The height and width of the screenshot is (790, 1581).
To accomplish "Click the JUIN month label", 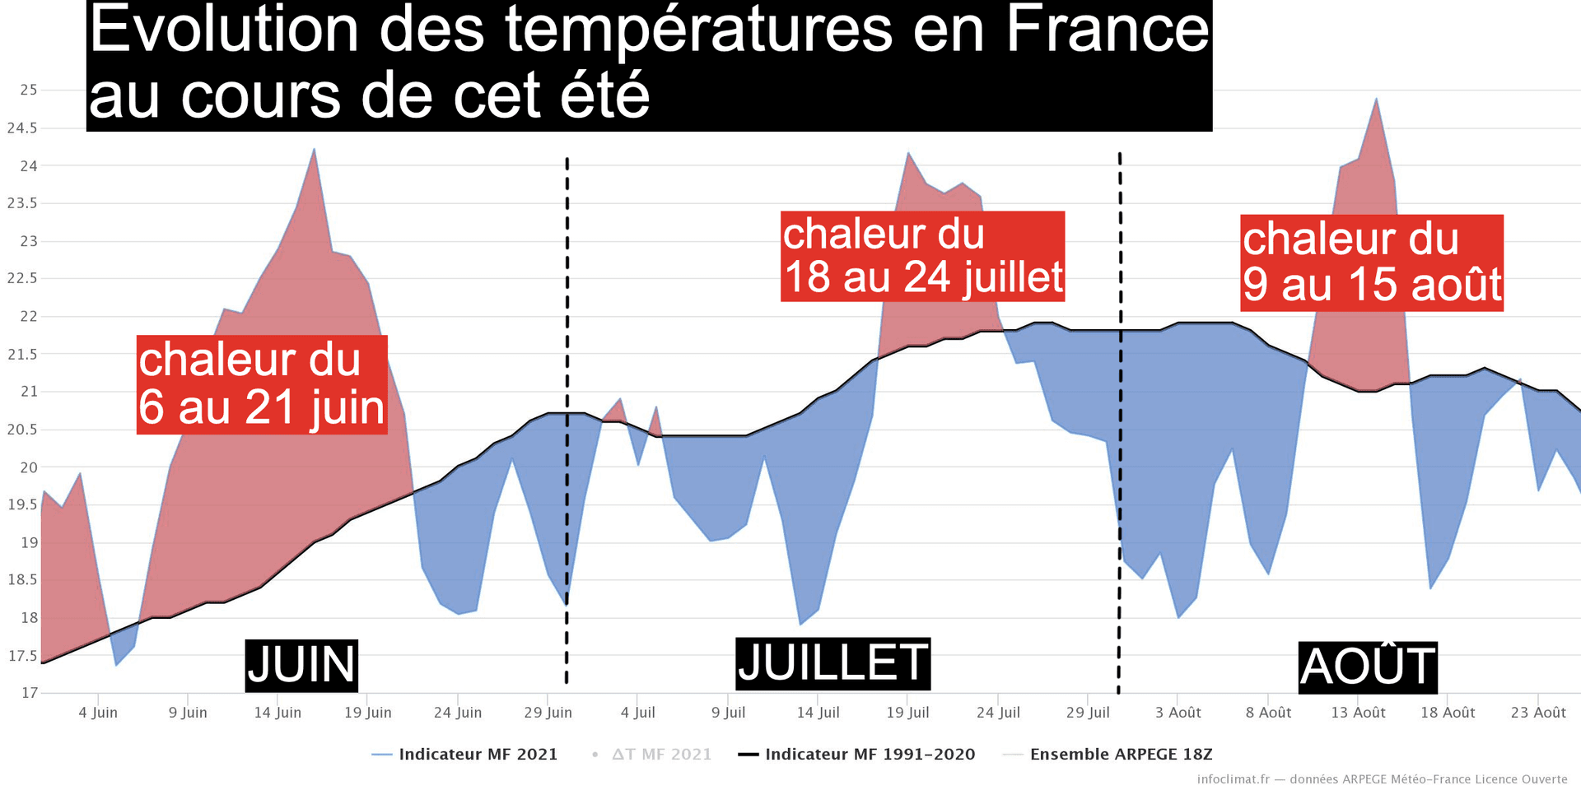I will (x=301, y=665).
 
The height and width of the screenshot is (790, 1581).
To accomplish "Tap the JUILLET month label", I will (x=832, y=663).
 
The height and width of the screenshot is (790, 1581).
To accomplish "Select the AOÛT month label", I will (x=1368, y=667).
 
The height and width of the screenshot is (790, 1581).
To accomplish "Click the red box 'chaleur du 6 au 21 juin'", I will (x=262, y=384).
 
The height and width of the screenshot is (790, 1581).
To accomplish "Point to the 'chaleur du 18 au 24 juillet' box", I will (x=922, y=256).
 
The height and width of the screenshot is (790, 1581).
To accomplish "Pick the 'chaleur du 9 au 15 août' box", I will (x=1372, y=263).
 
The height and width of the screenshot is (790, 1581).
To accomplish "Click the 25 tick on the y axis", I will (x=29, y=90).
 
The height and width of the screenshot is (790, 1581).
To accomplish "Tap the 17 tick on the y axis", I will (x=30, y=693).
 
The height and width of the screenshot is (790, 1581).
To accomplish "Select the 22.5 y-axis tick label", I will (x=22, y=278).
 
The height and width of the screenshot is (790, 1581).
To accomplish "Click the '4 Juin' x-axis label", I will (x=98, y=713).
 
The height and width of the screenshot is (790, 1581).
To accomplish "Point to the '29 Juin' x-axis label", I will (x=548, y=713).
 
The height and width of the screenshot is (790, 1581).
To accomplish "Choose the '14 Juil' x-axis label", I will (x=818, y=713).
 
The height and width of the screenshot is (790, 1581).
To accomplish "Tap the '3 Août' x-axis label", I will (x=1178, y=713).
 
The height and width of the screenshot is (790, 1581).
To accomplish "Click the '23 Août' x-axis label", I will (x=1538, y=713).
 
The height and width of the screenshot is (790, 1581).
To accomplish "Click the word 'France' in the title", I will (x=1108, y=30).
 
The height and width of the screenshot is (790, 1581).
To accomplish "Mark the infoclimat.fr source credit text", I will (x=1382, y=779).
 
